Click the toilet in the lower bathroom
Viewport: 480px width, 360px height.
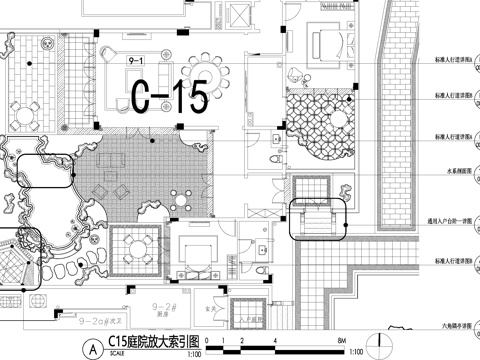(x=258, y=270)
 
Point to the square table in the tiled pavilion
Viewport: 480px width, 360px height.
(x=140, y=244)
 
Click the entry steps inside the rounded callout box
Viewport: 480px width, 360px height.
(x=315, y=218)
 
